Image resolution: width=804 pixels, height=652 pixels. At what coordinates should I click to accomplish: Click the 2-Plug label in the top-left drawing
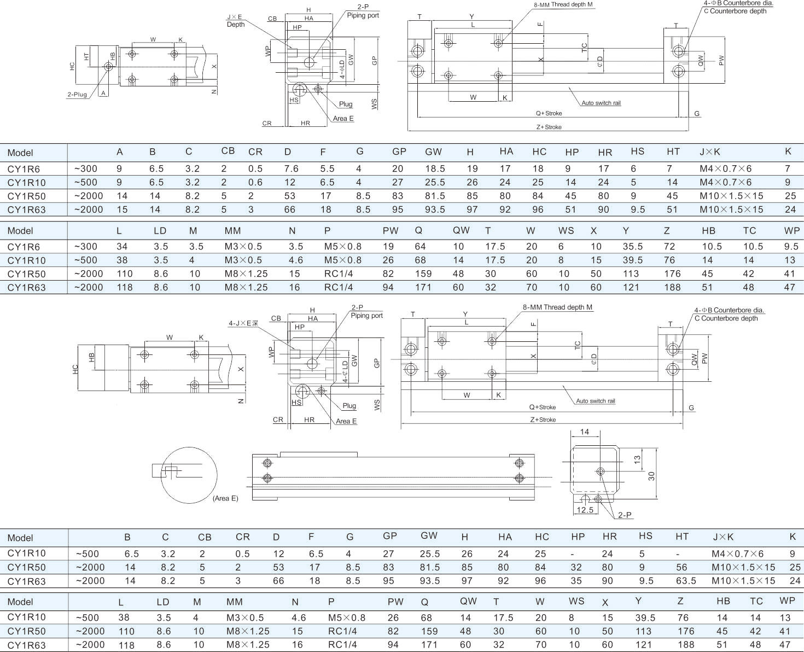77,95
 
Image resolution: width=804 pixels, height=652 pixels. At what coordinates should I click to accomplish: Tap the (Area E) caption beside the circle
225,498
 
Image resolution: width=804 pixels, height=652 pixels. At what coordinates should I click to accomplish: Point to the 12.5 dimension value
585,510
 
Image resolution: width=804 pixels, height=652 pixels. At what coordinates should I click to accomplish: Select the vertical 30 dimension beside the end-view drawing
651,476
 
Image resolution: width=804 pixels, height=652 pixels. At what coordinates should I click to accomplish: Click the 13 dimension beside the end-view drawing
637,460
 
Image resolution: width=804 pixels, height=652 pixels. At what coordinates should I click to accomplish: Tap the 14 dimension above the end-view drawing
585,432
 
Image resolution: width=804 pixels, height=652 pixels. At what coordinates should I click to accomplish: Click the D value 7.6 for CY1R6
292,168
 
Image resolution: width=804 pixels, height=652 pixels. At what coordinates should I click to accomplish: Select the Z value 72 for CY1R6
669,247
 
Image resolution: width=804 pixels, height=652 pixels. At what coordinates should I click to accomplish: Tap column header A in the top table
120,152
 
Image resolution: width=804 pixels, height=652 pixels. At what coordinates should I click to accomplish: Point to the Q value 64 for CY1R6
420,247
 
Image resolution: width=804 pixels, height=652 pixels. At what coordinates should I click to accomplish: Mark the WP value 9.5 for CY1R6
791,247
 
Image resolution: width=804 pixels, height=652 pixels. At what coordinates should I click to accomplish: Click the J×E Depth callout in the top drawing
236,21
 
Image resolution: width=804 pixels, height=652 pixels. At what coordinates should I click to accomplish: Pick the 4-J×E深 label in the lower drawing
243,323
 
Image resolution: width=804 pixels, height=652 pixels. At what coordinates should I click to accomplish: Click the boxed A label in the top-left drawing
103,93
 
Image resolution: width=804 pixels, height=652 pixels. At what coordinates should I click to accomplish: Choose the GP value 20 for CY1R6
398,168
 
